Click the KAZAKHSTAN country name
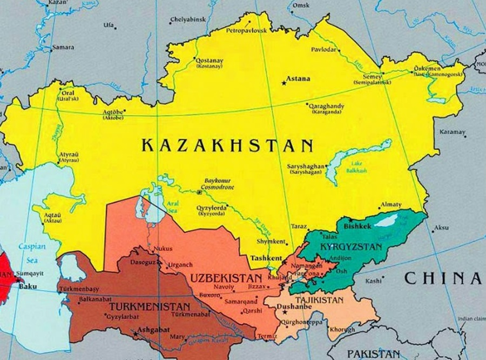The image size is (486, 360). tap(227, 145)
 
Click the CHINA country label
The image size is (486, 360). tap(442, 278)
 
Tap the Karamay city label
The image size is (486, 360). tap(452, 132)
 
